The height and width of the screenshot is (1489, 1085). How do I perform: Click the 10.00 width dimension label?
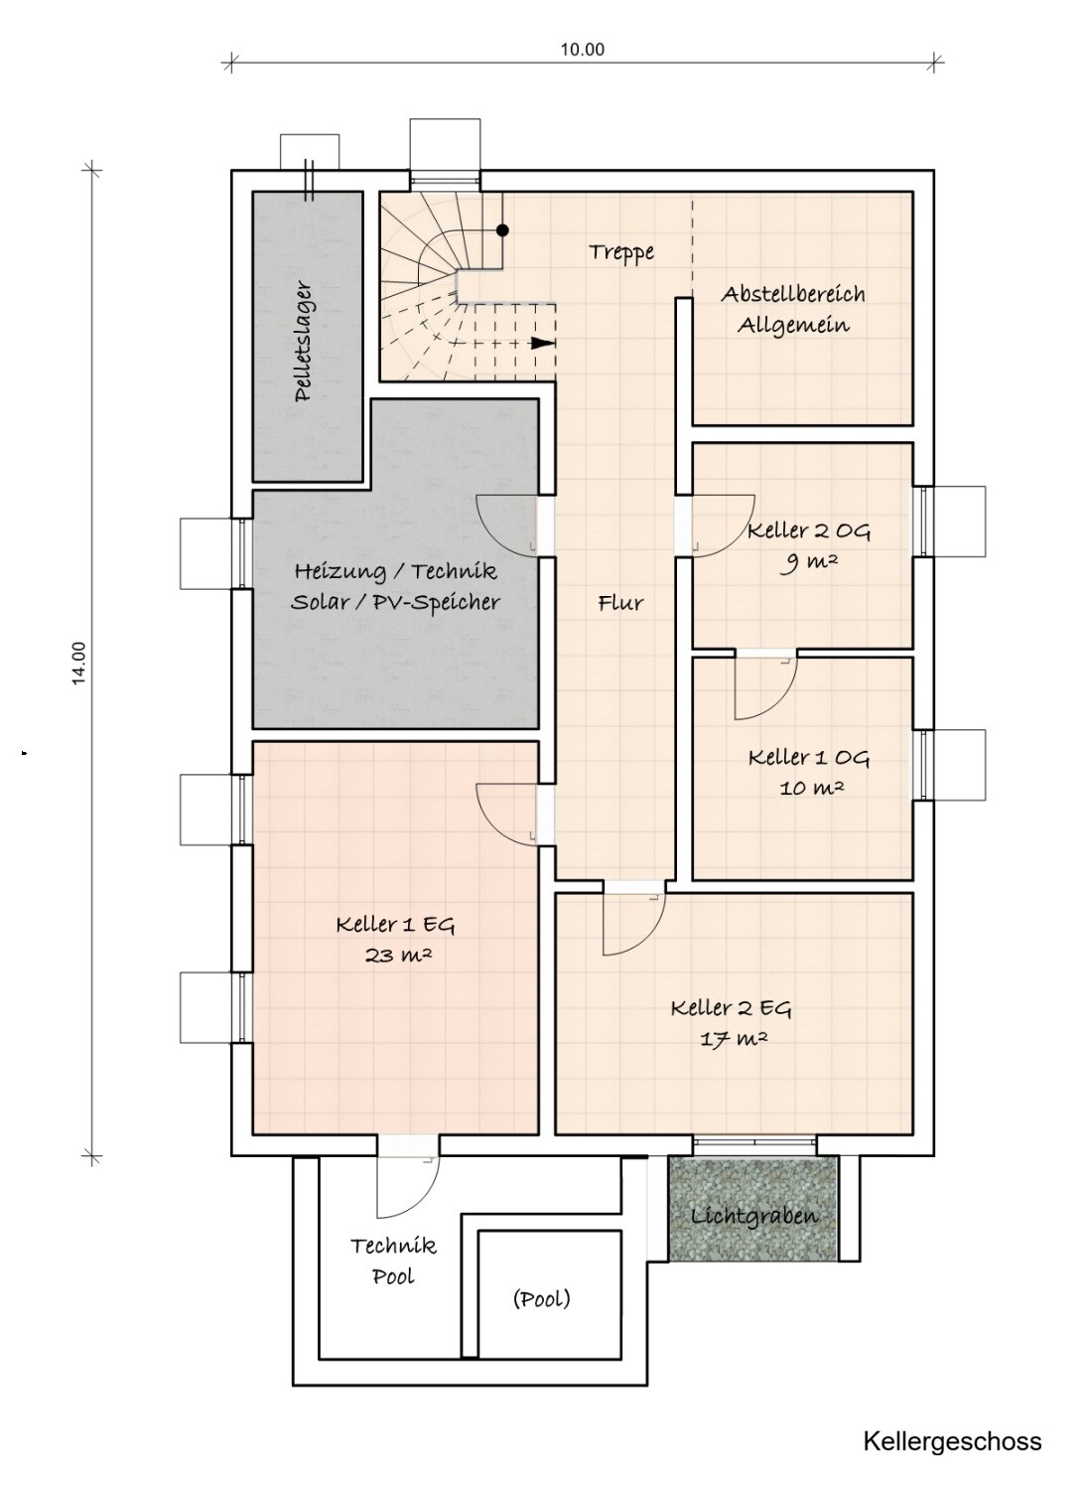click(x=583, y=50)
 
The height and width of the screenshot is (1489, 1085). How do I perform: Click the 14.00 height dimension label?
click(x=79, y=663)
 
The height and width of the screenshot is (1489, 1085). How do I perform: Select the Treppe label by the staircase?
click(x=621, y=252)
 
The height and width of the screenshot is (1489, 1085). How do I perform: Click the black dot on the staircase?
click(x=503, y=230)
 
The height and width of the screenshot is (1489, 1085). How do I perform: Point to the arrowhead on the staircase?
click(x=543, y=343)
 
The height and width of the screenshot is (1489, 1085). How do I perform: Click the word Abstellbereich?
click(x=793, y=294)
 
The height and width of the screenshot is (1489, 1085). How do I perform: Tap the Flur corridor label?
click(x=620, y=603)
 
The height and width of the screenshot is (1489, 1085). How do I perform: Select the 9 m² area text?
click(x=809, y=562)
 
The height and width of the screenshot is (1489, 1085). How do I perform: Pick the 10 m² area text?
click(x=812, y=788)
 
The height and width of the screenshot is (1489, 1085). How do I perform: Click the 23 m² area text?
click(x=399, y=956)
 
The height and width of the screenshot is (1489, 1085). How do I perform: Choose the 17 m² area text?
click(x=734, y=1038)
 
